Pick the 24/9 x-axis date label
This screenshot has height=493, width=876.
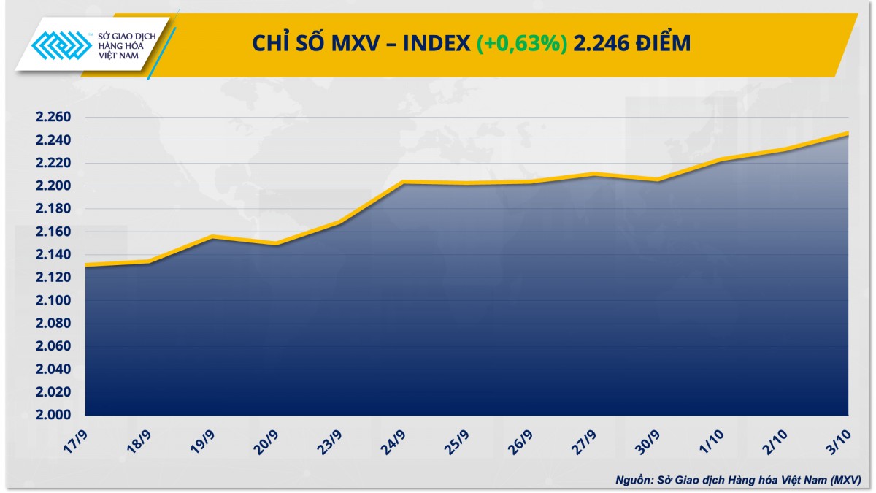392,440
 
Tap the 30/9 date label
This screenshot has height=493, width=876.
647,440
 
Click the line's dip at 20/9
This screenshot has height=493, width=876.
276,244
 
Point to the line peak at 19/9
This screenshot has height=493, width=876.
212,237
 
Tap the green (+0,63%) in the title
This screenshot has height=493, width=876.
522,44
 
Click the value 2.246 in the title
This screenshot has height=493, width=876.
600,44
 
